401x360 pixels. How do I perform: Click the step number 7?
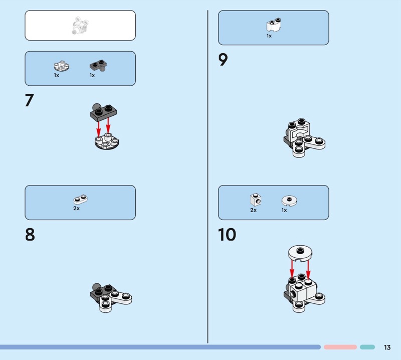pyautogui.click(x=30, y=100)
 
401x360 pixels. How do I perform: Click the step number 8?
pyautogui.click(x=30, y=234)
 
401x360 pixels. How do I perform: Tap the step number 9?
pyautogui.click(x=223, y=60)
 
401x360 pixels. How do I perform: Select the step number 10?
pyautogui.click(x=227, y=234)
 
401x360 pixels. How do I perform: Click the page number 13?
pyautogui.click(x=387, y=347)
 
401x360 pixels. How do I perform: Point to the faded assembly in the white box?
pyautogui.click(x=80, y=26)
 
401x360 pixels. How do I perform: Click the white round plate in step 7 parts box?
pyautogui.click(x=62, y=66)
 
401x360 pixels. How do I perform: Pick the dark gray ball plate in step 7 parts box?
pyautogui.click(x=98, y=66)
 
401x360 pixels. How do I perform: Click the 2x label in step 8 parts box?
pyautogui.click(x=77, y=208)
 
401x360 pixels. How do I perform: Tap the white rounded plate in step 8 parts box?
pyautogui.click(x=80, y=199)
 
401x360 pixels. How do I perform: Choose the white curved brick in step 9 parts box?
pyautogui.click(x=274, y=25)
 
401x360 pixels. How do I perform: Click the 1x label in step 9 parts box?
pyautogui.click(x=269, y=36)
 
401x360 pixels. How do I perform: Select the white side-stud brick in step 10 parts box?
pyautogui.click(x=256, y=200)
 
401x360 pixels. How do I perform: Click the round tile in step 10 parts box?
pyautogui.click(x=289, y=201)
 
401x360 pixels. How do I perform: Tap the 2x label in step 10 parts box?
pyautogui.click(x=254, y=210)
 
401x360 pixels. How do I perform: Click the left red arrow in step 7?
pyautogui.click(x=98, y=129)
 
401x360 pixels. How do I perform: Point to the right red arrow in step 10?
pyautogui.click(x=308, y=269)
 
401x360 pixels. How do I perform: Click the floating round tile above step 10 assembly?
pyautogui.click(x=300, y=254)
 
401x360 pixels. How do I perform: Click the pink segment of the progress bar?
pyautogui.click(x=340, y=347)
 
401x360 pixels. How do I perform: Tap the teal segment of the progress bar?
pyautogui.click(x=367, y=347)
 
